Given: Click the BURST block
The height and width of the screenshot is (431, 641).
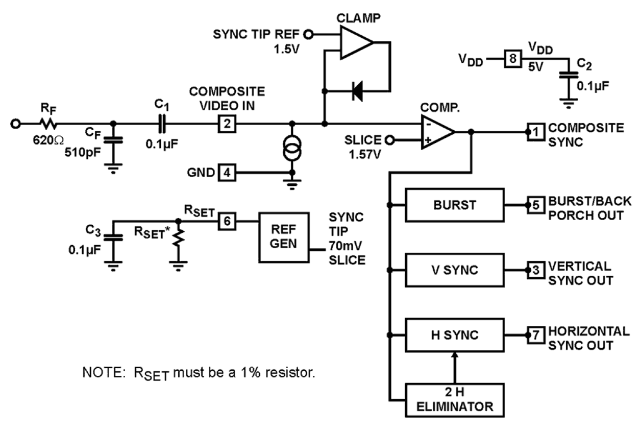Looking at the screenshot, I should click(454, 205).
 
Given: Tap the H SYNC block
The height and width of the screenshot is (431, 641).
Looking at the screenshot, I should click(454, 336).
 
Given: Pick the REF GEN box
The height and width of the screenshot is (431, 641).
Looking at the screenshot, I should click(283, 237).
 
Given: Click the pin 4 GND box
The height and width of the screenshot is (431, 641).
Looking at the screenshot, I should click(226, 173).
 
